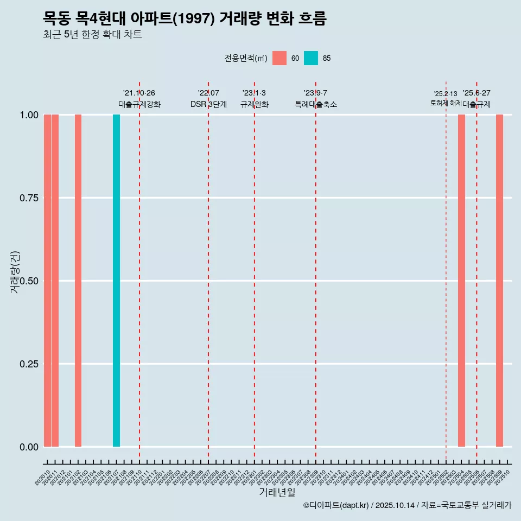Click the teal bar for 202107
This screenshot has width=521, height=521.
click(x=116, y=281)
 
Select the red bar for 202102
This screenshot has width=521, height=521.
click(x=78, y=281)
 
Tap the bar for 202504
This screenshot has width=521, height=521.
click(x=461, y=281)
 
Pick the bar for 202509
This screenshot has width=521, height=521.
click(x=499, y=281)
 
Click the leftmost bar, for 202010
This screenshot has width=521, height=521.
click(x=47, y=281)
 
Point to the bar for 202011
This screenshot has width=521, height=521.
click(x=55, y=281)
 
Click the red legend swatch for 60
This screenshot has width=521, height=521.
click(x=279, y=58)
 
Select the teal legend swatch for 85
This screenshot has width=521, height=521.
click(x=311, y=58)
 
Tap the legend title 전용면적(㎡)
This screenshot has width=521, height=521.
click(x=245, y=59)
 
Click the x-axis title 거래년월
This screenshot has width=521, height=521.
click(x=277, y=493)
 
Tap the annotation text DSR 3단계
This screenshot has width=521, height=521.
click(x=208, y=104)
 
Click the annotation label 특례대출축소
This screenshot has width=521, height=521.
click(x=316, y=104)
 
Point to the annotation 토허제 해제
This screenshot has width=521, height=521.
click(x=446, y=103)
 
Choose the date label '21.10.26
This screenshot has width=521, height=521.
click(x=139, y=93)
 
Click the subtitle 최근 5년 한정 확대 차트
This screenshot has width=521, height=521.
click(x=92, y=35)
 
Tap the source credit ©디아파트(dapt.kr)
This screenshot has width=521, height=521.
click(x=336, y=505)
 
